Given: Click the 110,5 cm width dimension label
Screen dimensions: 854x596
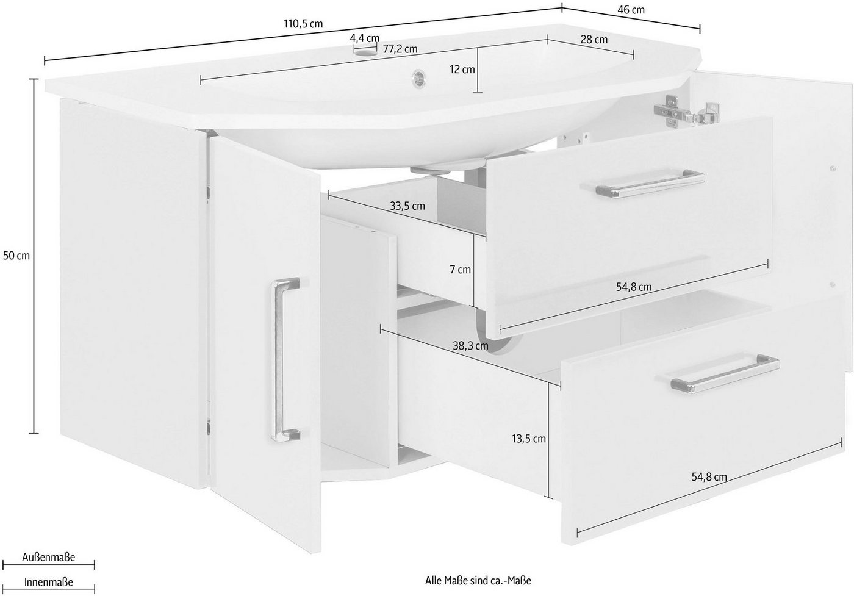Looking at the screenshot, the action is [303, 24].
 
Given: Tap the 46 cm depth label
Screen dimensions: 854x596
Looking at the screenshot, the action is [631, 10].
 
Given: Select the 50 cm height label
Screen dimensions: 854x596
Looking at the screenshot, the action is [16, 256].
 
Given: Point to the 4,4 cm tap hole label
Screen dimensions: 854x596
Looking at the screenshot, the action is [365, 38].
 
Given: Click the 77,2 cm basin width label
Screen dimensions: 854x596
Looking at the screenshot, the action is [400, 49].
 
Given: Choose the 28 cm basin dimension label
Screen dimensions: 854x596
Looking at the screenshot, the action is [594, 40].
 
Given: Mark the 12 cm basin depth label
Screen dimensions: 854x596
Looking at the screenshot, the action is [462, 70].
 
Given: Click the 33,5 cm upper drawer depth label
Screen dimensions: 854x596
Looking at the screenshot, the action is [407, 206].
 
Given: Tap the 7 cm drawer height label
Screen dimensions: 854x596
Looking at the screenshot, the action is [461, 270].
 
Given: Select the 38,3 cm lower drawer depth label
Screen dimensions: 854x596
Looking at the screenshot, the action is [470, 346].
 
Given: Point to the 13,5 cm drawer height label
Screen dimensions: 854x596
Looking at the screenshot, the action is [529, 439].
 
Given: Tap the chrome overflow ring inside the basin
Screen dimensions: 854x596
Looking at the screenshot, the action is [418, 76].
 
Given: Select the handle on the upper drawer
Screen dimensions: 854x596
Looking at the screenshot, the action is [642, 184].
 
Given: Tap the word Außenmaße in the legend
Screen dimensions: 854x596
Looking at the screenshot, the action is [48, 557].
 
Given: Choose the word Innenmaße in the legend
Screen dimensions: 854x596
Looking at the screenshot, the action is [48, 582].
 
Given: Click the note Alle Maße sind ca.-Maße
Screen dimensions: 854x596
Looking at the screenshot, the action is [478, 581].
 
